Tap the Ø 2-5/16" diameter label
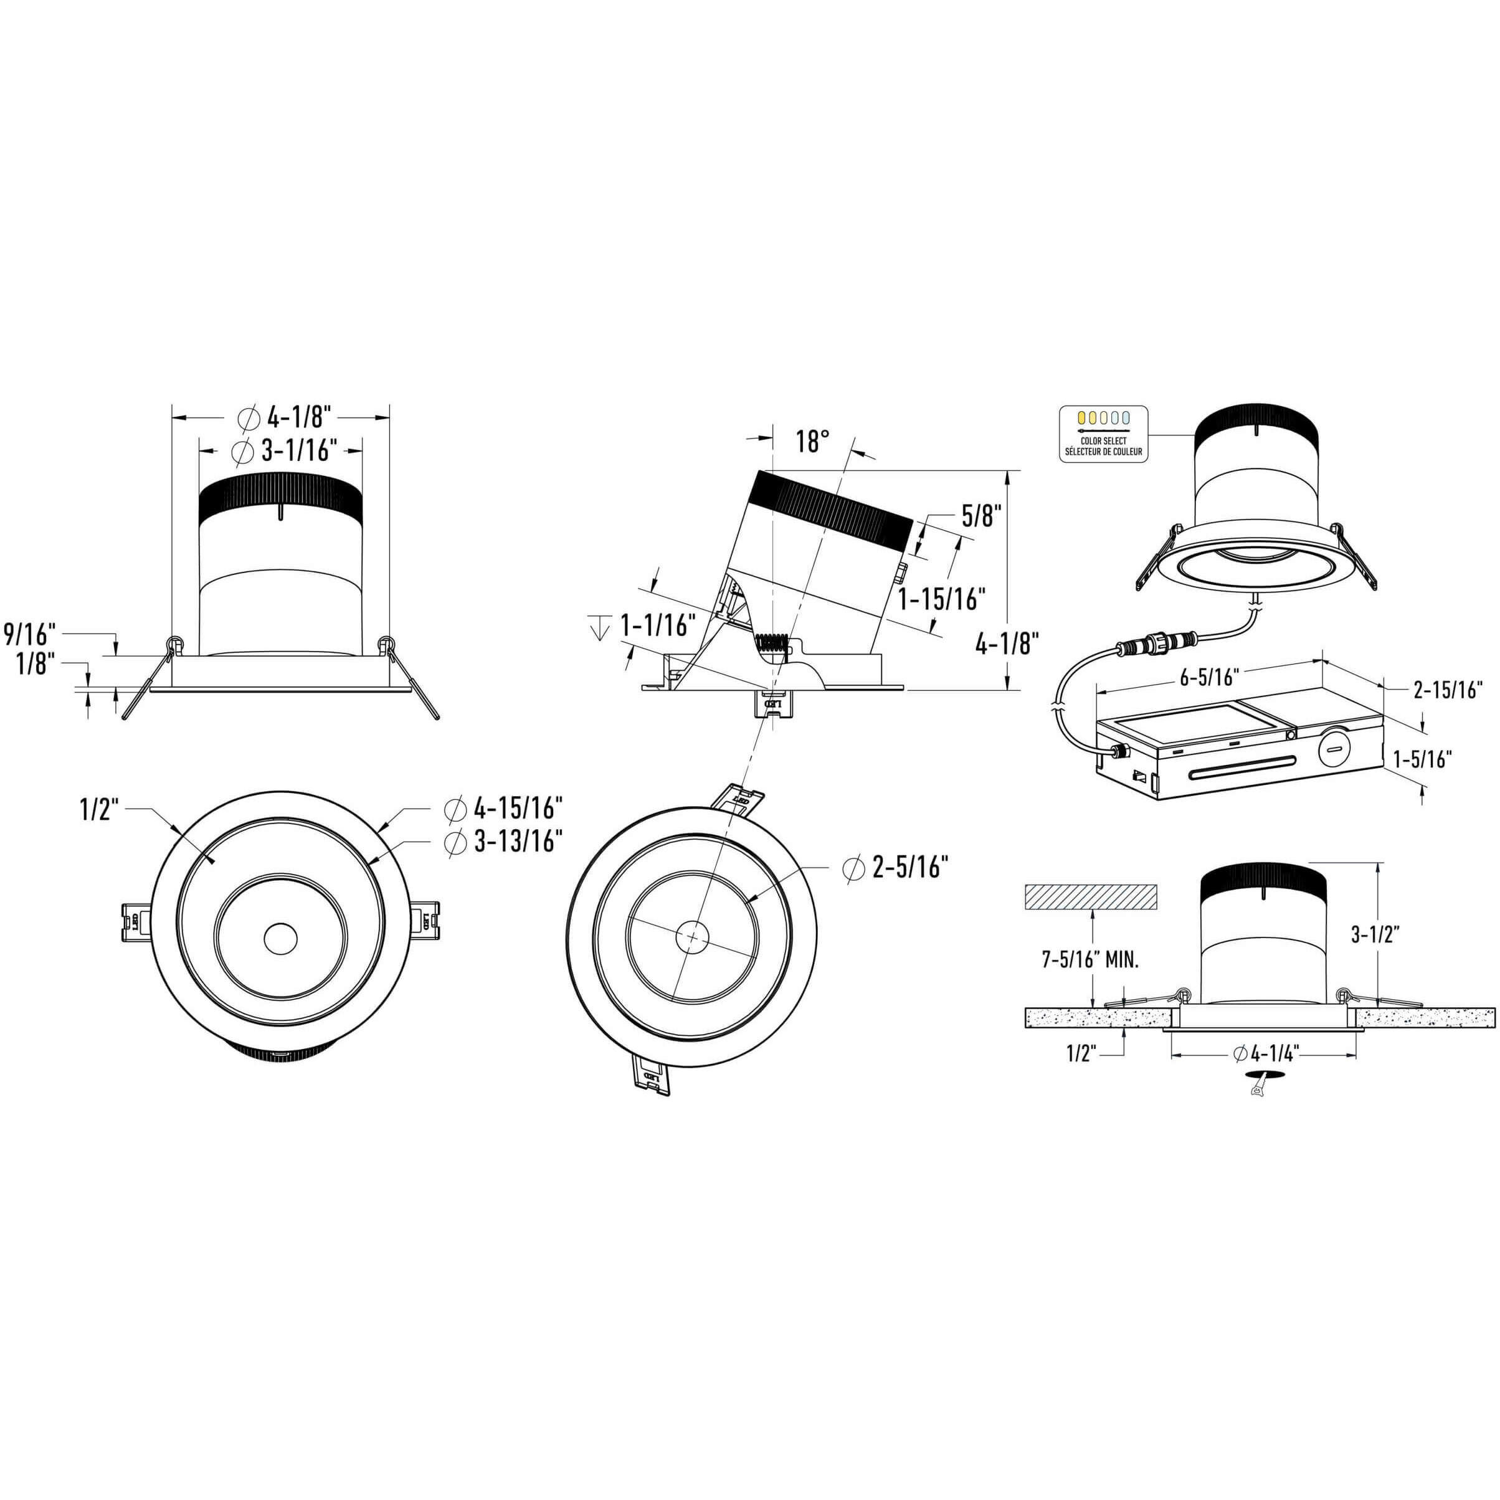click(x=895, y=866)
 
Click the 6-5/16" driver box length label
click(x=1208, y=677)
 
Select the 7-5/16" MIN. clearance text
click(x=1090, y=961)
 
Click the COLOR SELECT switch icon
click(x=1103, y=433)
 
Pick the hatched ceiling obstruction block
click(x=1091, y=898)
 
